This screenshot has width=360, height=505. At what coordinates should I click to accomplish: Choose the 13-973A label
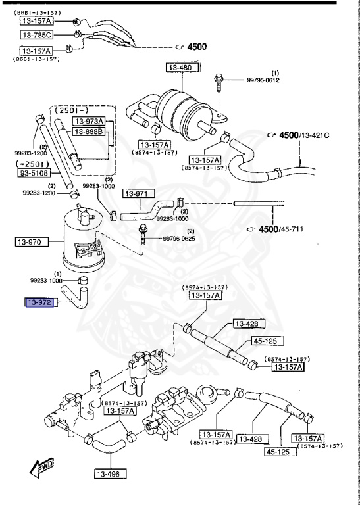[89, 121]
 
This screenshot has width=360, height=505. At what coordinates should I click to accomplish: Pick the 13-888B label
[89, 132]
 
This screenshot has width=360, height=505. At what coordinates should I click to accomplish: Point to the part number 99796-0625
[180, 240]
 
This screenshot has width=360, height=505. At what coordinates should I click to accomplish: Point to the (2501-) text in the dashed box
[74, 108]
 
